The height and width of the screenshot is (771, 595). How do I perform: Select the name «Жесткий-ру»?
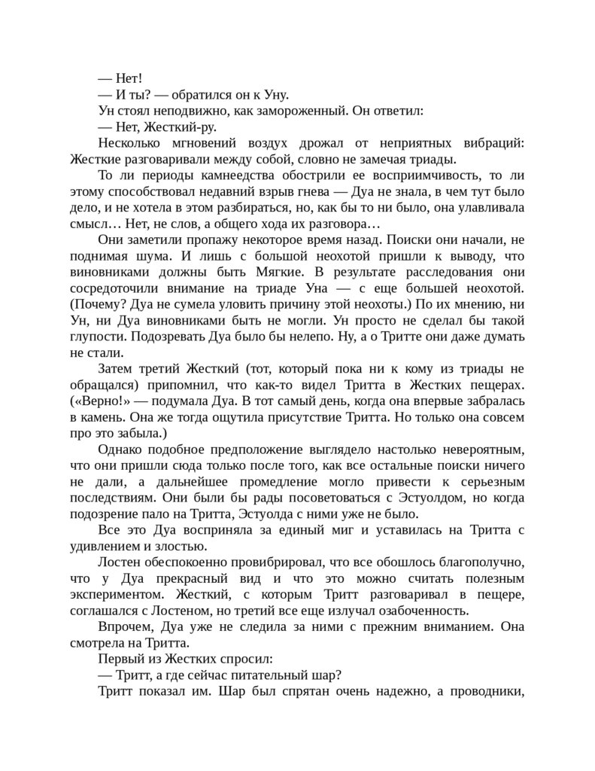pyautogui.click(x=163, y=126)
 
